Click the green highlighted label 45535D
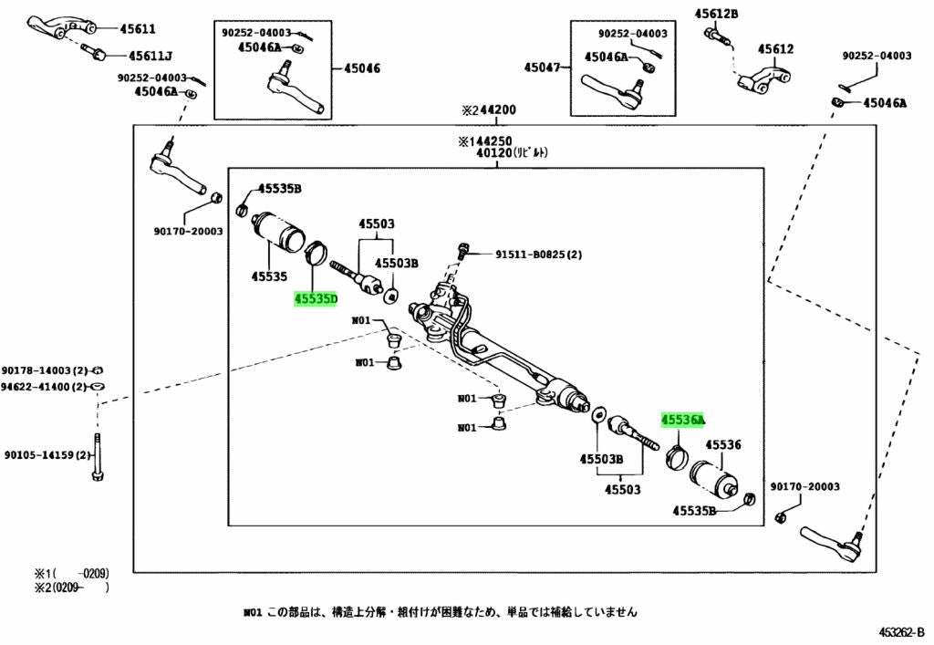coord(315,298)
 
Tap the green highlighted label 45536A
coord(682,420)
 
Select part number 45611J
coord(150,56)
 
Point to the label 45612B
coord(716,13)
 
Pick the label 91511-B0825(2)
coord(538,255)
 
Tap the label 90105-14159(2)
coord(47,455)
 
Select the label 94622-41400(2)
coord(44,387)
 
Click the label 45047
coord(542,68)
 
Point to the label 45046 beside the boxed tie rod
coord(362,68)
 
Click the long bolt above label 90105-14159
coord(98,457)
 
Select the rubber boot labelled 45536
coord(713,479)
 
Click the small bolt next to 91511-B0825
coord(461,251)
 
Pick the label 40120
coord(494,153)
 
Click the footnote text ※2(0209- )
coord(71,588)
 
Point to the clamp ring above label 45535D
coord(316,252)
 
